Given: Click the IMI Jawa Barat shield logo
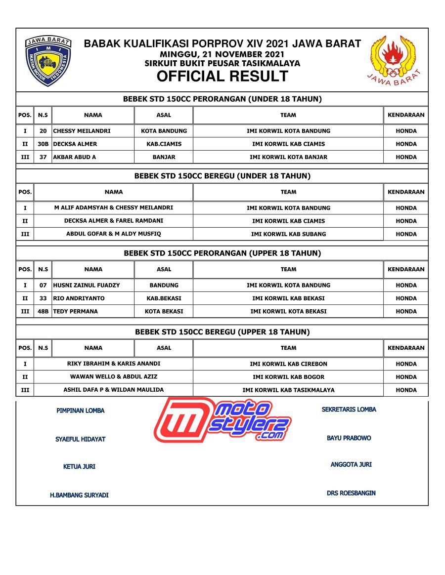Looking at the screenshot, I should click(x=48, y=61).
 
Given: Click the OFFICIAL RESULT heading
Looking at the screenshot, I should click(x=222, y=77).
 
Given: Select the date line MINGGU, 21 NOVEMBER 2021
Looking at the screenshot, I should click(x=222, y=54).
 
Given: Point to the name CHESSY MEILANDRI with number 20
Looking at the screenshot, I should click(x=82, y=131).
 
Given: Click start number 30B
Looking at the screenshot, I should click(x=43, y=144).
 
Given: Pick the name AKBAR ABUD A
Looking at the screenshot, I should click(x=75, y=157).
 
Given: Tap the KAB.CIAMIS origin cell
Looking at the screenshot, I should click(x=164, y=144).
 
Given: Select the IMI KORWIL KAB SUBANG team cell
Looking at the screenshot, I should click(x=288, y=234).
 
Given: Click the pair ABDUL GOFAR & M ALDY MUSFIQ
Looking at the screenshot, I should click(x=114, y=234).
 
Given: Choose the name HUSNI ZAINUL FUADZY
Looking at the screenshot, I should click(x=87, y=285).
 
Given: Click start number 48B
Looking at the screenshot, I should click(x=43, y=311).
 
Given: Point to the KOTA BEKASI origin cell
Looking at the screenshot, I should click(x=164, y=311).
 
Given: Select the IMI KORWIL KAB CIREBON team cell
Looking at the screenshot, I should click(x=288, y=364).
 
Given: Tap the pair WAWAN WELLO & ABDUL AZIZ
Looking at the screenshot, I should click(x=114, y=376).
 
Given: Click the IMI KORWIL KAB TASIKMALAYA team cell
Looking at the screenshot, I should click(x=288, y=390).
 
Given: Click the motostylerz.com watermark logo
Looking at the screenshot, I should click(x=222, y=420).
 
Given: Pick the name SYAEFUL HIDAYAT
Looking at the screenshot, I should click(x=80, y=439).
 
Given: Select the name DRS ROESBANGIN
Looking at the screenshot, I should click(x=351, y=493).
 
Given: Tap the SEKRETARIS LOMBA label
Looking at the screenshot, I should click(x=349, y=410).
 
